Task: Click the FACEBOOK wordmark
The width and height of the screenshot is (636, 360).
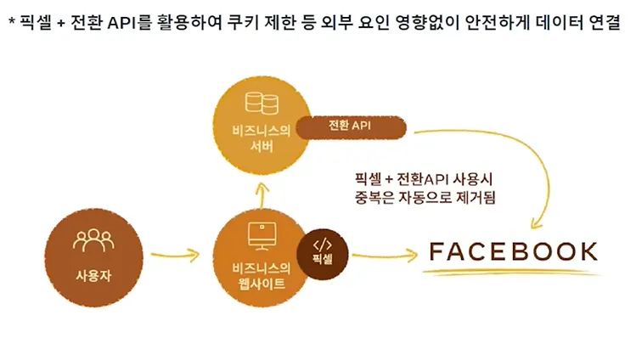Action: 514,252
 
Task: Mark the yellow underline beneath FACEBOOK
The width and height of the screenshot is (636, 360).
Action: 514,273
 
